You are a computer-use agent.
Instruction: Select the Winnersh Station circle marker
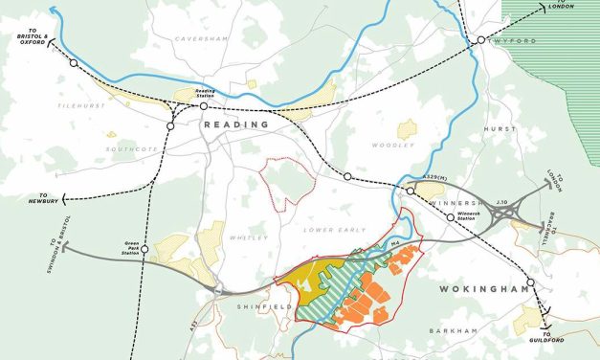pyautogui.click(x=450, y=218)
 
